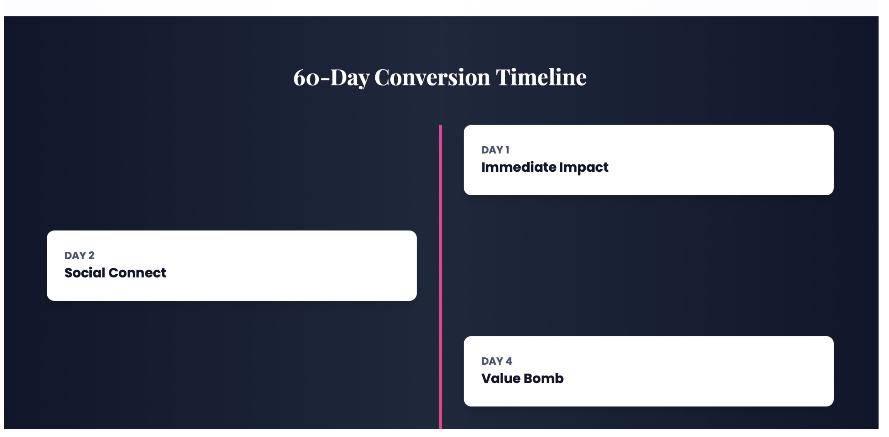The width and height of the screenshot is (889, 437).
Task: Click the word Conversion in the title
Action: pyautogui.click(x=432, y=77)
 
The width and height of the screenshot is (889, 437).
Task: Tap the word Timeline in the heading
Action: pyautogui.click(x=541, y=77)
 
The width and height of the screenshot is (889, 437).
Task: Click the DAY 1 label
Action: pyautogui.click(x=495, y=150)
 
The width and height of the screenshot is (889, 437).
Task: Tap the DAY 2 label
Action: pyautogui.click(x=79, y=255)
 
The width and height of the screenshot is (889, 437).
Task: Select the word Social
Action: pyautogui.click(x=85, y=273)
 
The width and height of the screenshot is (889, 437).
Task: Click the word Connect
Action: pyautogui.click(x=137, y=273)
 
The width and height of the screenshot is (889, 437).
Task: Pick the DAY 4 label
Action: pyautogui.click(x=497, y=361)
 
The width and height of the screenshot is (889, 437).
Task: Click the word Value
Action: pyautogui.click(x=501, y=378)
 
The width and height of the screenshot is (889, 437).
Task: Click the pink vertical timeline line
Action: pyautogui.click(x=440, y=277)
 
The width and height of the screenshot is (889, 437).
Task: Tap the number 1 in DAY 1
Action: pyautogui.click(x=507, y=150)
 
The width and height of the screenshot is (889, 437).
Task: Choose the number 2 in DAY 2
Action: pyautogui.click(x=91, y=255)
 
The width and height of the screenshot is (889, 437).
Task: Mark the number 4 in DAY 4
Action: pyautogui.click(x=509, y=361)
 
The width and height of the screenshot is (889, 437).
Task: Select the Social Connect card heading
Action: pyautogui.click(x=115, y=273)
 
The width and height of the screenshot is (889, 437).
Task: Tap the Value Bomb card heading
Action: pyautogui.click(x=522, y=378)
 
